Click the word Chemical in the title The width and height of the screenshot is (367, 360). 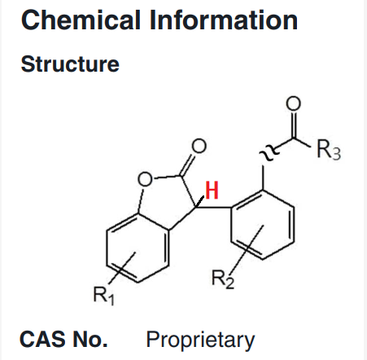[x=81, y=20]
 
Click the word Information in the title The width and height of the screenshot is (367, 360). [x=224, y=20]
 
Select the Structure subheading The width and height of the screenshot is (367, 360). [x=70, y=64]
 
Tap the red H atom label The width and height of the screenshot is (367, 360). [x=212, y=190]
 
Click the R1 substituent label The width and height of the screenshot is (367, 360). [x=103, y=296]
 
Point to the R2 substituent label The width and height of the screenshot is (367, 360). [x=222, y=279]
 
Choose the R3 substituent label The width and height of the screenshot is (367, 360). [x=329, y=149]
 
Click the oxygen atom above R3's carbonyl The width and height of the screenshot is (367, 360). [x=293, y=103]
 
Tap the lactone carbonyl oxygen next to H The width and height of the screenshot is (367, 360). [x=199, y=146]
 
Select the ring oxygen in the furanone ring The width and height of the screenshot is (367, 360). [x=145, y=179]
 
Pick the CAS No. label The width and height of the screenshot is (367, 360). [x=63, y=340]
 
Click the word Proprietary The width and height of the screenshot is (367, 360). [x=200, y=340]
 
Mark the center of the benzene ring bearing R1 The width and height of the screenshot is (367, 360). [x=138, y=248]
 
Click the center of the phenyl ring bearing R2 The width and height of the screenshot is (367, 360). [x=263, y=225]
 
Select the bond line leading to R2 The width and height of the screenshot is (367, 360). [x=247, y=248]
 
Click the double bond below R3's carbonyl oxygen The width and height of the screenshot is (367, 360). [x=293, y=125]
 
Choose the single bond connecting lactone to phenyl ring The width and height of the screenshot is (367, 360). [x=213, y=208]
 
